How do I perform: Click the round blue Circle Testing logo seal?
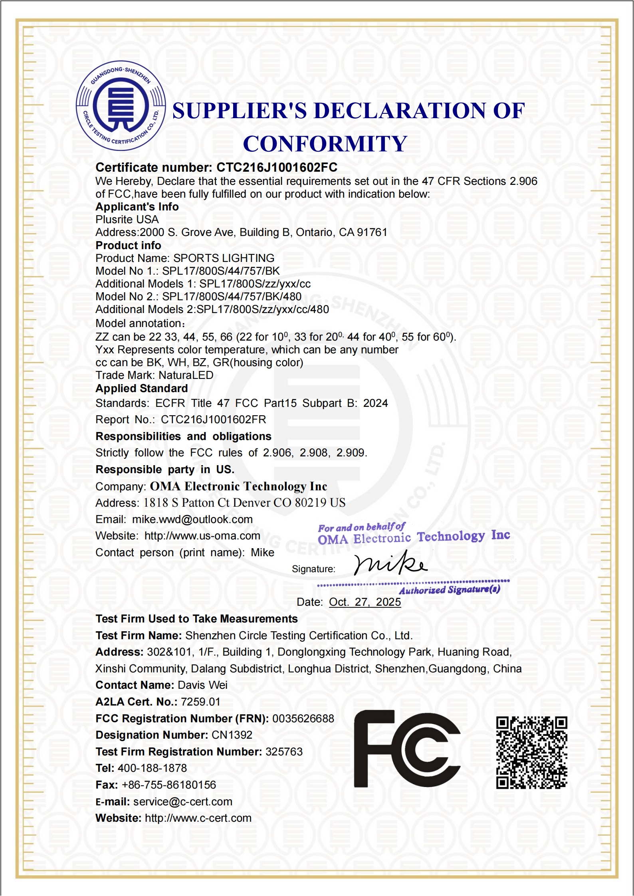pyautogui.click(x=121, y=106)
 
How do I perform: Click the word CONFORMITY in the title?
pyautogui.click(x=325, y=144)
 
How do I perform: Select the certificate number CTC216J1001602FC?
pyautogui.click(x=277, y=167)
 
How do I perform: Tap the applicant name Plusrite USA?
pyautogui.click(x=127, y=219)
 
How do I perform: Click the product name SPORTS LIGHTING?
pyautogui.click(x=224, y=258)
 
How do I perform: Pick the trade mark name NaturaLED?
pyautogui.click(x=186, y=375)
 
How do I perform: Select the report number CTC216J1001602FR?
pyautogui.click(x=214, y=419)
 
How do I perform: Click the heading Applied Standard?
pyautogui.click(x=142, y=389)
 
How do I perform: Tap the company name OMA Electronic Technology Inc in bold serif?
pyautogui.click(x=238, y=486)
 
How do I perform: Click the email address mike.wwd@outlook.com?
pyautogui.click(x=192, y=519)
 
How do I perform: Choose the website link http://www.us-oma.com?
pyautogui.click(x=202, y=536)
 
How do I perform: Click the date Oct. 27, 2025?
pyautogui.click(x=365, y=602)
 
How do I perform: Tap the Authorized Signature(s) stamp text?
pyautogui.click(x=450, y=590)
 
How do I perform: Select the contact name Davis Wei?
pyautogui.click(x=202, y=685)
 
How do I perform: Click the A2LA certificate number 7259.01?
pyautogui.click(x=200, y=702)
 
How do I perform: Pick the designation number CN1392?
pyautogui.click(x=232, y=735)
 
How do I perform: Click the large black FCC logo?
pyautogui.click(x=407, y=749)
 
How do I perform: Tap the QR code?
pyautogui.click(x=532, y=752)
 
